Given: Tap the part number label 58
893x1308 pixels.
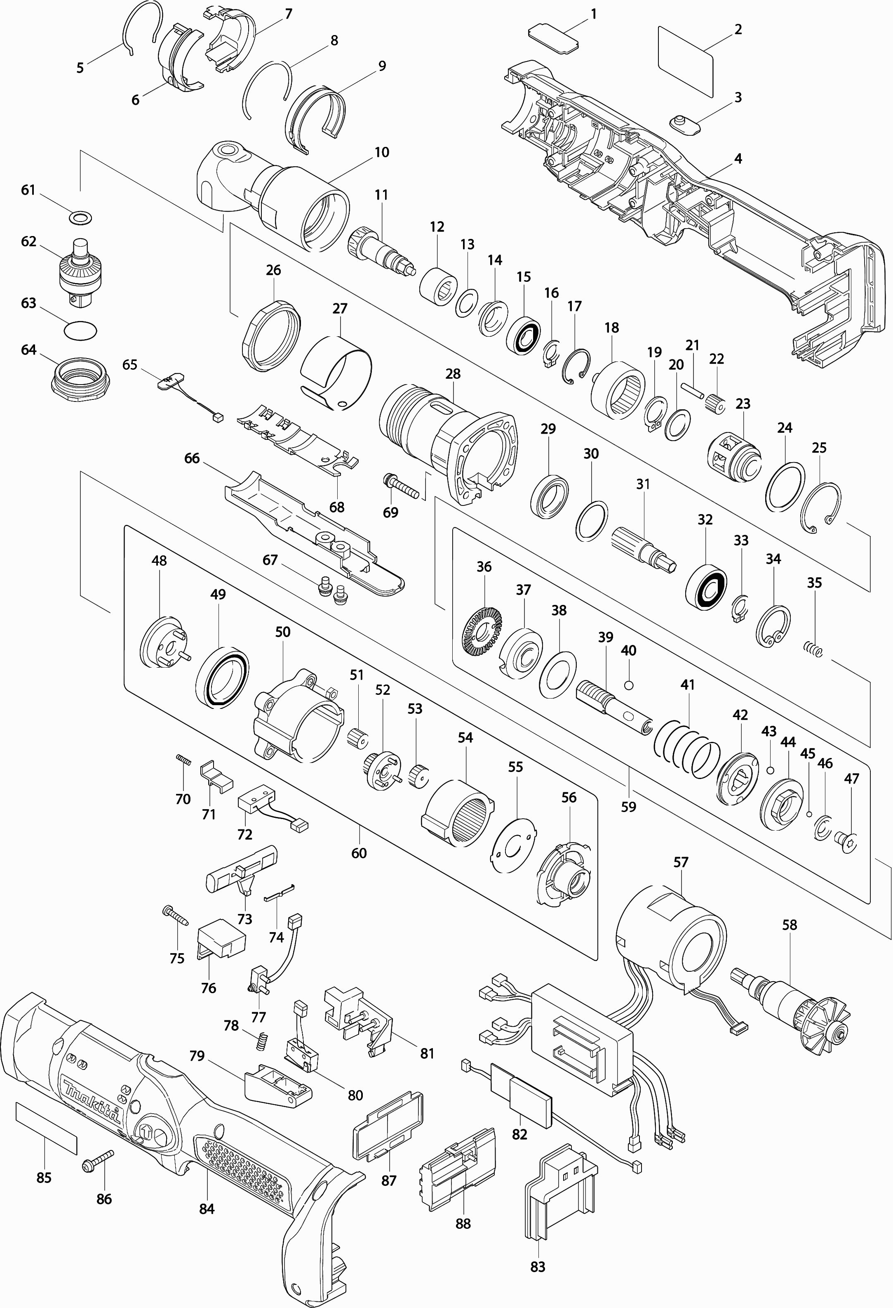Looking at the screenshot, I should [790, 925].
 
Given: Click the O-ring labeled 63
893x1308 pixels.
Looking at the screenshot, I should [80, 331].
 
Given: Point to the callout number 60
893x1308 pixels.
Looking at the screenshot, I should [359, 853].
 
